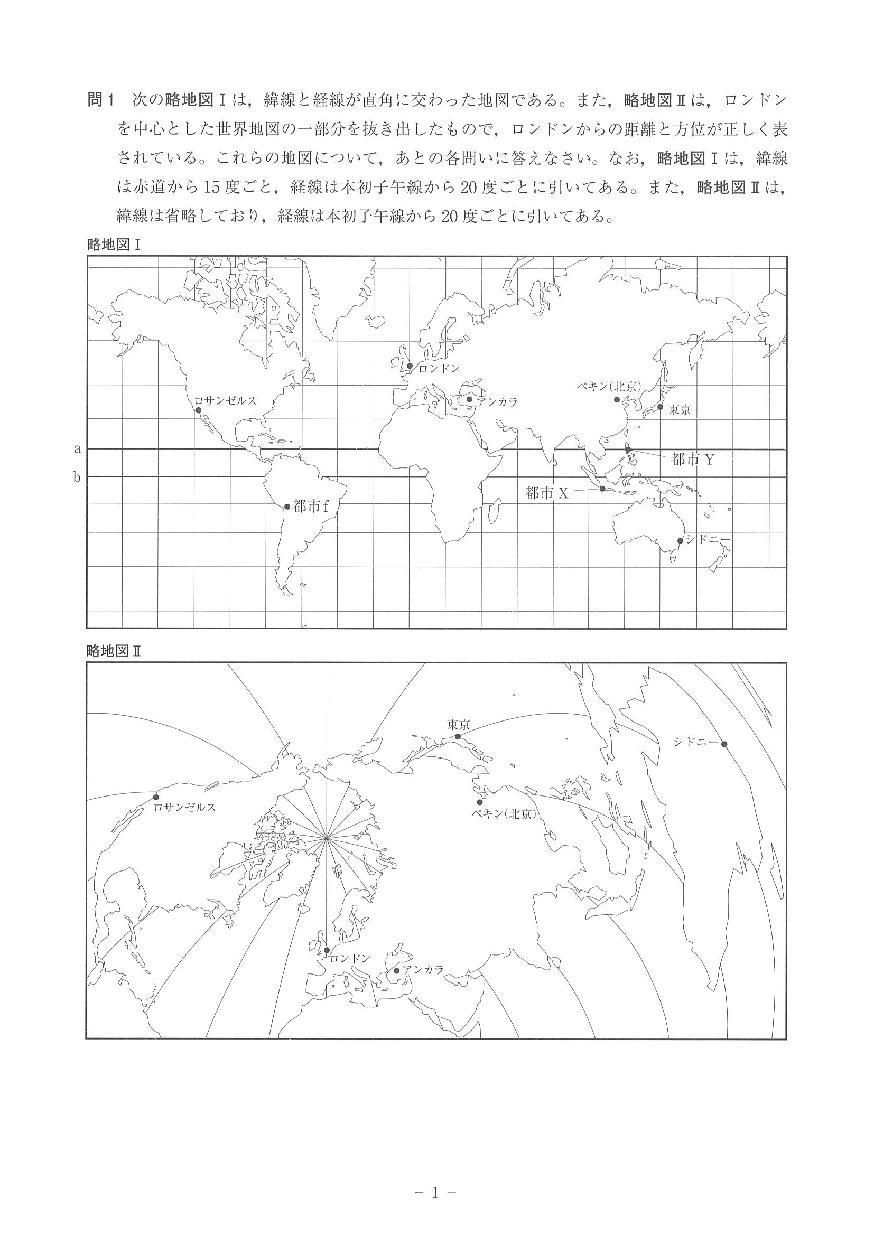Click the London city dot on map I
click(410, 366)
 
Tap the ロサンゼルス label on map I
click(225, 400)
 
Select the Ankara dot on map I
click(470, 399)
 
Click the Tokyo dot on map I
click(660, 406)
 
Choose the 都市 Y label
click(693, 459)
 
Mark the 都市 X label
click(546, 493)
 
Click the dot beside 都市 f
click(287, 507)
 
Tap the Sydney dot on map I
click(680, 540)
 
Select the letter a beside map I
click(78, 448)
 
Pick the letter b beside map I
click(78, 476)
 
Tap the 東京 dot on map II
click(458, 736)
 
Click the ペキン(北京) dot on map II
click(480, 817)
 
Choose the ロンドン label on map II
click(349, 958)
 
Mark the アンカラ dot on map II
click(397, 971)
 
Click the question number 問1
click(101, 100)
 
